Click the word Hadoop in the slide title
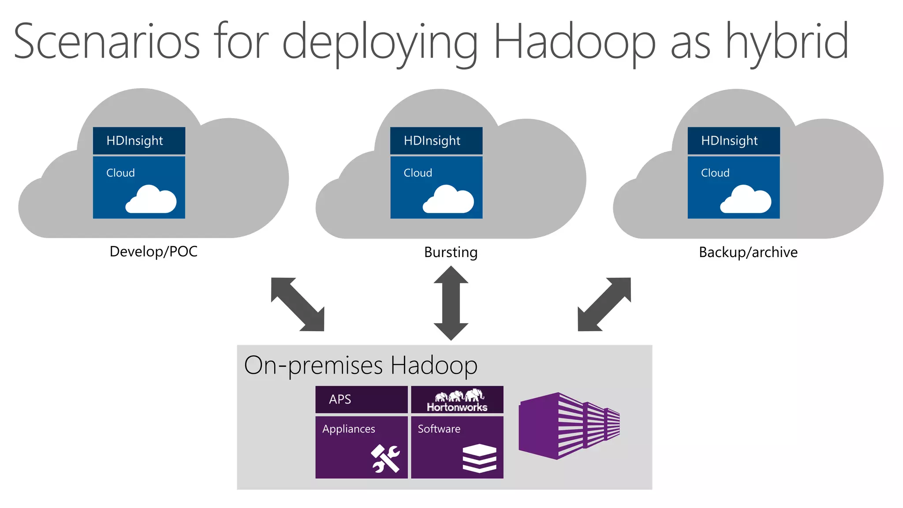tap(575, 42)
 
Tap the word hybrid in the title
tap(787, 42)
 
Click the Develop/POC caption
tap(153, 251)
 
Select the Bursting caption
tap(451, 252)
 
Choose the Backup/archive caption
tap(748, 252)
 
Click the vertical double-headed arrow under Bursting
tap(451, 303)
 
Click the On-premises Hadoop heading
tap(360, 365)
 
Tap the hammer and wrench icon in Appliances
tap(385, 459)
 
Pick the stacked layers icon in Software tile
tap(479, 459)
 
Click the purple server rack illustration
tap(569, 426)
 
